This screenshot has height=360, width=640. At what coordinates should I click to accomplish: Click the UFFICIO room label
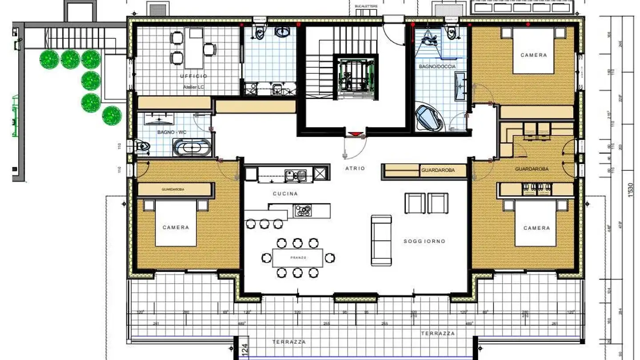(193, 76)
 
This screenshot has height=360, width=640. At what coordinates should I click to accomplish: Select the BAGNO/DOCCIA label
(437, 67)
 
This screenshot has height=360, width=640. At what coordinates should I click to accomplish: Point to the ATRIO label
(355, 168)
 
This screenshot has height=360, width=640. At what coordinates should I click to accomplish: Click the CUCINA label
(285, 194)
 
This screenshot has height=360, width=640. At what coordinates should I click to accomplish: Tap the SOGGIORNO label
(424, 241)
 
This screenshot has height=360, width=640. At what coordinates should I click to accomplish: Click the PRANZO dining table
(298, 258)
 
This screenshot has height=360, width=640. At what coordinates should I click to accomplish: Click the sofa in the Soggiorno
(381, 240)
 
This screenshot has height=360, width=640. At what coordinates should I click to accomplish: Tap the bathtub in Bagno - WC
(192, 147)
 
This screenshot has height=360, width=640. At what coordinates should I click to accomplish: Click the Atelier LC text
(193, 87)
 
